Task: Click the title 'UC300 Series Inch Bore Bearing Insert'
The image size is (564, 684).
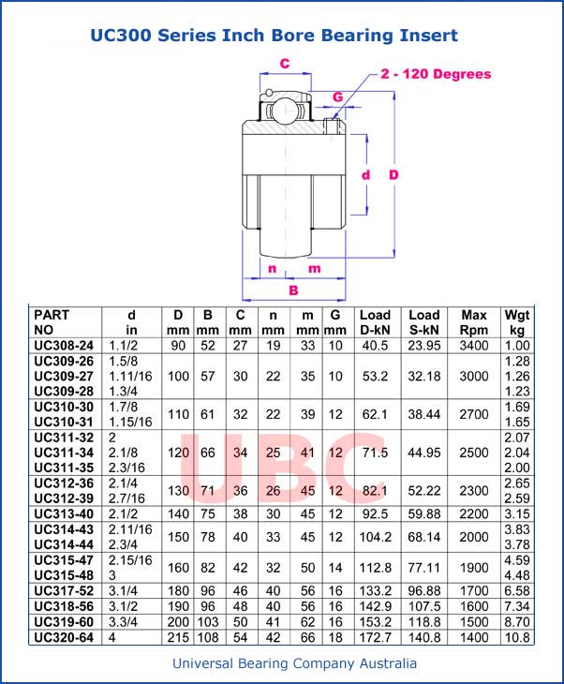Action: (274, 37)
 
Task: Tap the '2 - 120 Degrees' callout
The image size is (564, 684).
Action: (436, 74)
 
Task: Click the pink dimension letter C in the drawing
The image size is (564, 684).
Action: (284, 64)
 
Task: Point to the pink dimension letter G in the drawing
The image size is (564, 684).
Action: (337, 97)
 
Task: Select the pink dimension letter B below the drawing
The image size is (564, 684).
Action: (293, 290)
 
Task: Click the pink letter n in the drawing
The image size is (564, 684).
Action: (272, 269)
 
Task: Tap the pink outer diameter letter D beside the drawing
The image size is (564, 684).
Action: (394, 175)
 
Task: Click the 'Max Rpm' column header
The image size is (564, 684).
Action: (473, 322)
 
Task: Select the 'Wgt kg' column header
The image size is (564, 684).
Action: (516, 322)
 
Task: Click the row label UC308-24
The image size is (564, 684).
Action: (64, 346)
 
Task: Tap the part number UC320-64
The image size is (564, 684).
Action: (64, 636)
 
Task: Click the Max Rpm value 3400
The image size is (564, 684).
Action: (473, 346)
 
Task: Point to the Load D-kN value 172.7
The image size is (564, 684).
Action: (375, 636)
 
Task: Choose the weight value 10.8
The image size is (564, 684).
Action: (517, 636)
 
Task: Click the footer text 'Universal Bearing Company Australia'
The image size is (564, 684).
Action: (294, 663)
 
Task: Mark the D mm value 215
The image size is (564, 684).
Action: (178, 636)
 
